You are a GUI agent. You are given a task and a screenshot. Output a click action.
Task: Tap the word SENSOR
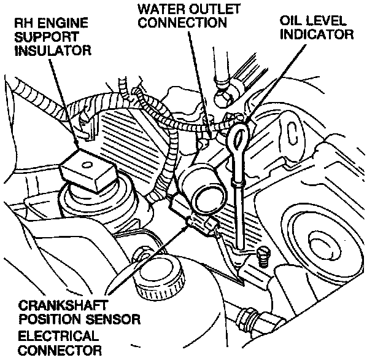coord(117,319)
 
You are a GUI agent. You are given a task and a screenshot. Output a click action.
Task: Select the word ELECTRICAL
coord(58,336)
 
